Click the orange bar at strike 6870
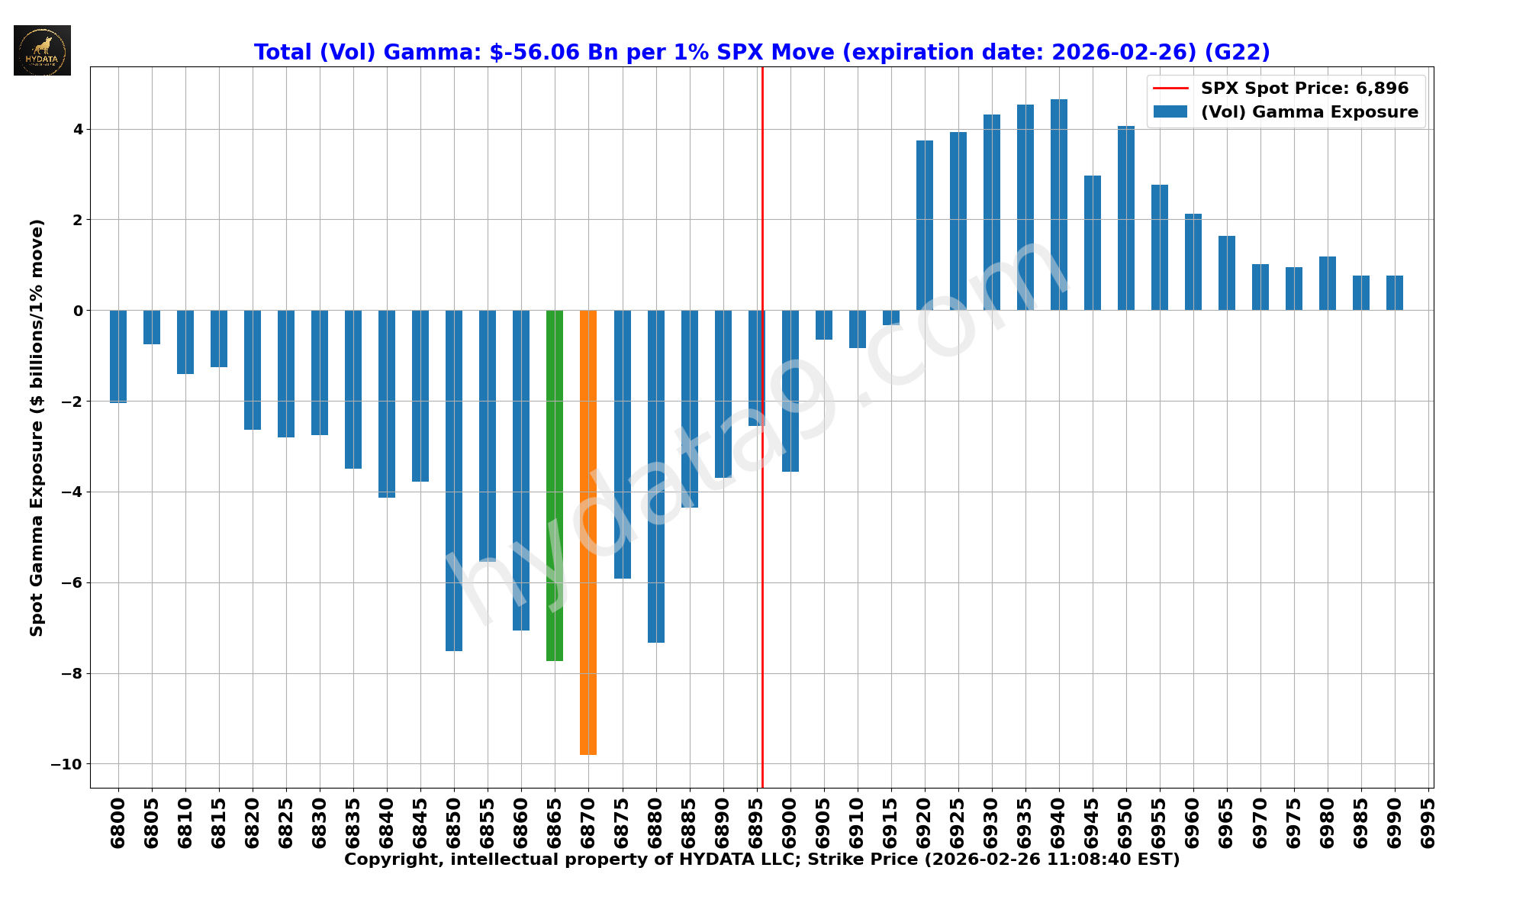coord(588,532)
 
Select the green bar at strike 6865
coord(555,485)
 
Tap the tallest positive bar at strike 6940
coord(1058,205)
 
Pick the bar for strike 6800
coord(118,356)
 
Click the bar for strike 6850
coord(454,480)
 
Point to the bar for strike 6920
coord(924,225)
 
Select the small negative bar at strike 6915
coord(890,318)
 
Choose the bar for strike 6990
coord(1394,293)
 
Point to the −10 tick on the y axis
coord(67,764)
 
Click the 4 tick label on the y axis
coord(78,129)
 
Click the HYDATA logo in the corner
coord(42,50)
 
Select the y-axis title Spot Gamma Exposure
coord(37,427)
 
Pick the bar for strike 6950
coord(1125,218)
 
